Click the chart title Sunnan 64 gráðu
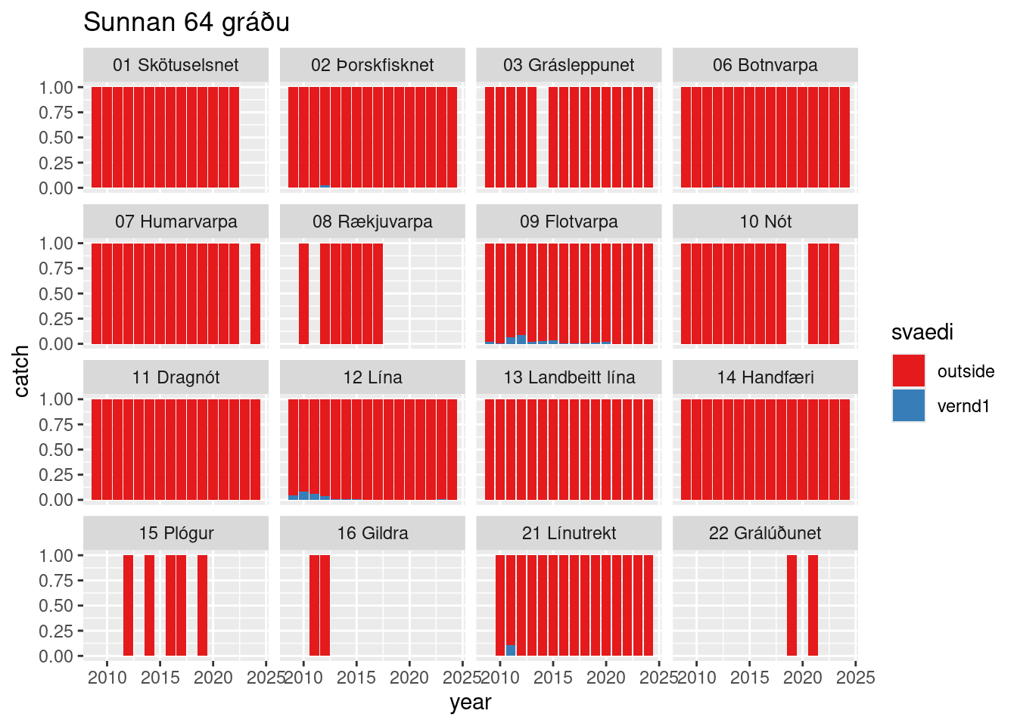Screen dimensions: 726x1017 pos(186,23)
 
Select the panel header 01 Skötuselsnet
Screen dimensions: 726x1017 pos(176,65)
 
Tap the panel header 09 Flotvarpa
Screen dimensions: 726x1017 pos(569,222)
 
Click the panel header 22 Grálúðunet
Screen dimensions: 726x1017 pos(765,533)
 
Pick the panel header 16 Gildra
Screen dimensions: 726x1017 pos(372,533)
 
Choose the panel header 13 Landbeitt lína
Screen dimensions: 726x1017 pos(569,377)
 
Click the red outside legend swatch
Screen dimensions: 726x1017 pos(908,371)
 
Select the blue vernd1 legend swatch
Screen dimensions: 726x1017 pos(908,406)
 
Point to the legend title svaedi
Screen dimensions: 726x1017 pos(922,333)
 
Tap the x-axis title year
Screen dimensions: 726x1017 pos(470,703)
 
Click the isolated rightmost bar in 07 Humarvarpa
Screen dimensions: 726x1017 pos(256,293)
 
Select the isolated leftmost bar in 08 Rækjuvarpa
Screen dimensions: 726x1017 pos(303,293)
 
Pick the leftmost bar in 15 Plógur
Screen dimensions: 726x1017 pos(128,605)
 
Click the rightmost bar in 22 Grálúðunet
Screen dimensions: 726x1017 pos(813,605)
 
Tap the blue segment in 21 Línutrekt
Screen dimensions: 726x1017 pos(511,650)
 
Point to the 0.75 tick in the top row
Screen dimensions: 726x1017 pos(56,113)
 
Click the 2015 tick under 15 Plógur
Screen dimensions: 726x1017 pos(160,678)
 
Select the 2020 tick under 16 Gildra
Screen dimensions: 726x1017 pos(409,678)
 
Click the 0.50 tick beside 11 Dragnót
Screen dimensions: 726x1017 pos(56,450)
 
